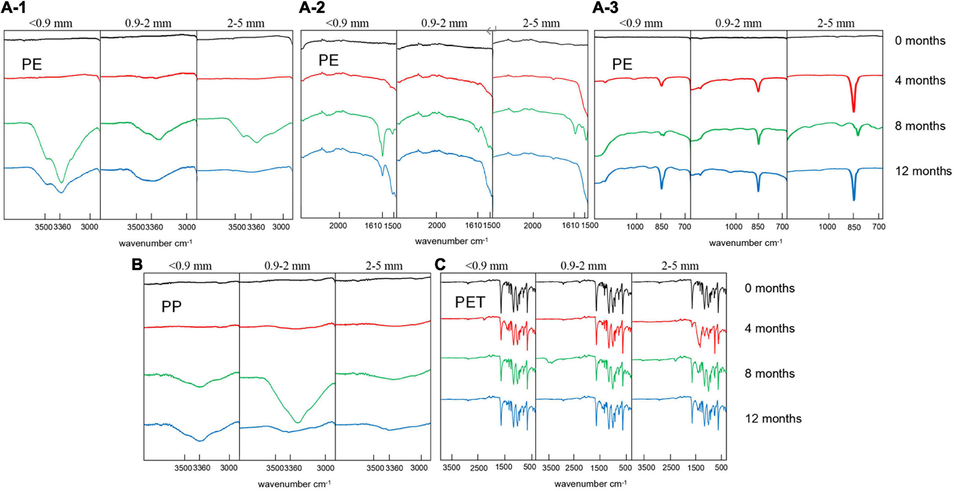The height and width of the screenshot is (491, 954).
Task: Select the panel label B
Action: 137,264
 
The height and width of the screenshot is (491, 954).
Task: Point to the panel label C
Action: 440,264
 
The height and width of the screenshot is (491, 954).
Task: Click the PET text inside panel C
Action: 470,302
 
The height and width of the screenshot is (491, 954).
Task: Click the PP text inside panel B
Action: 171,307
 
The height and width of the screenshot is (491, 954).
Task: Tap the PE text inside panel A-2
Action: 328,60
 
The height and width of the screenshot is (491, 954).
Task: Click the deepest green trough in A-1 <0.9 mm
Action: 61,182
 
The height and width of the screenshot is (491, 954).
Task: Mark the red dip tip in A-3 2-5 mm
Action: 853,111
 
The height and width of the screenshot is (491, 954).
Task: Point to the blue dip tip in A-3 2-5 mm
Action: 854,200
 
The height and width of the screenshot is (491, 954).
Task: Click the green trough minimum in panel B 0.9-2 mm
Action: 298,422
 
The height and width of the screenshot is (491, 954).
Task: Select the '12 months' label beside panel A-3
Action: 923,171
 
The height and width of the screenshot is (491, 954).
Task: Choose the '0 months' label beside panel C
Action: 769,288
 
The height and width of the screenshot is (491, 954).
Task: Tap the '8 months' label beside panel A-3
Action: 920,126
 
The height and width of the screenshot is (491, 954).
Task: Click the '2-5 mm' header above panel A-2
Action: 541,23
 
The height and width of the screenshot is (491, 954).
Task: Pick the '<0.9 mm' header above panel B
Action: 190,266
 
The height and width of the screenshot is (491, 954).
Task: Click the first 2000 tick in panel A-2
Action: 338,226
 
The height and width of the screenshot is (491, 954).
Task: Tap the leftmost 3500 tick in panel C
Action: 451,467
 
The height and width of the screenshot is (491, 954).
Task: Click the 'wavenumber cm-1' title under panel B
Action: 294,484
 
